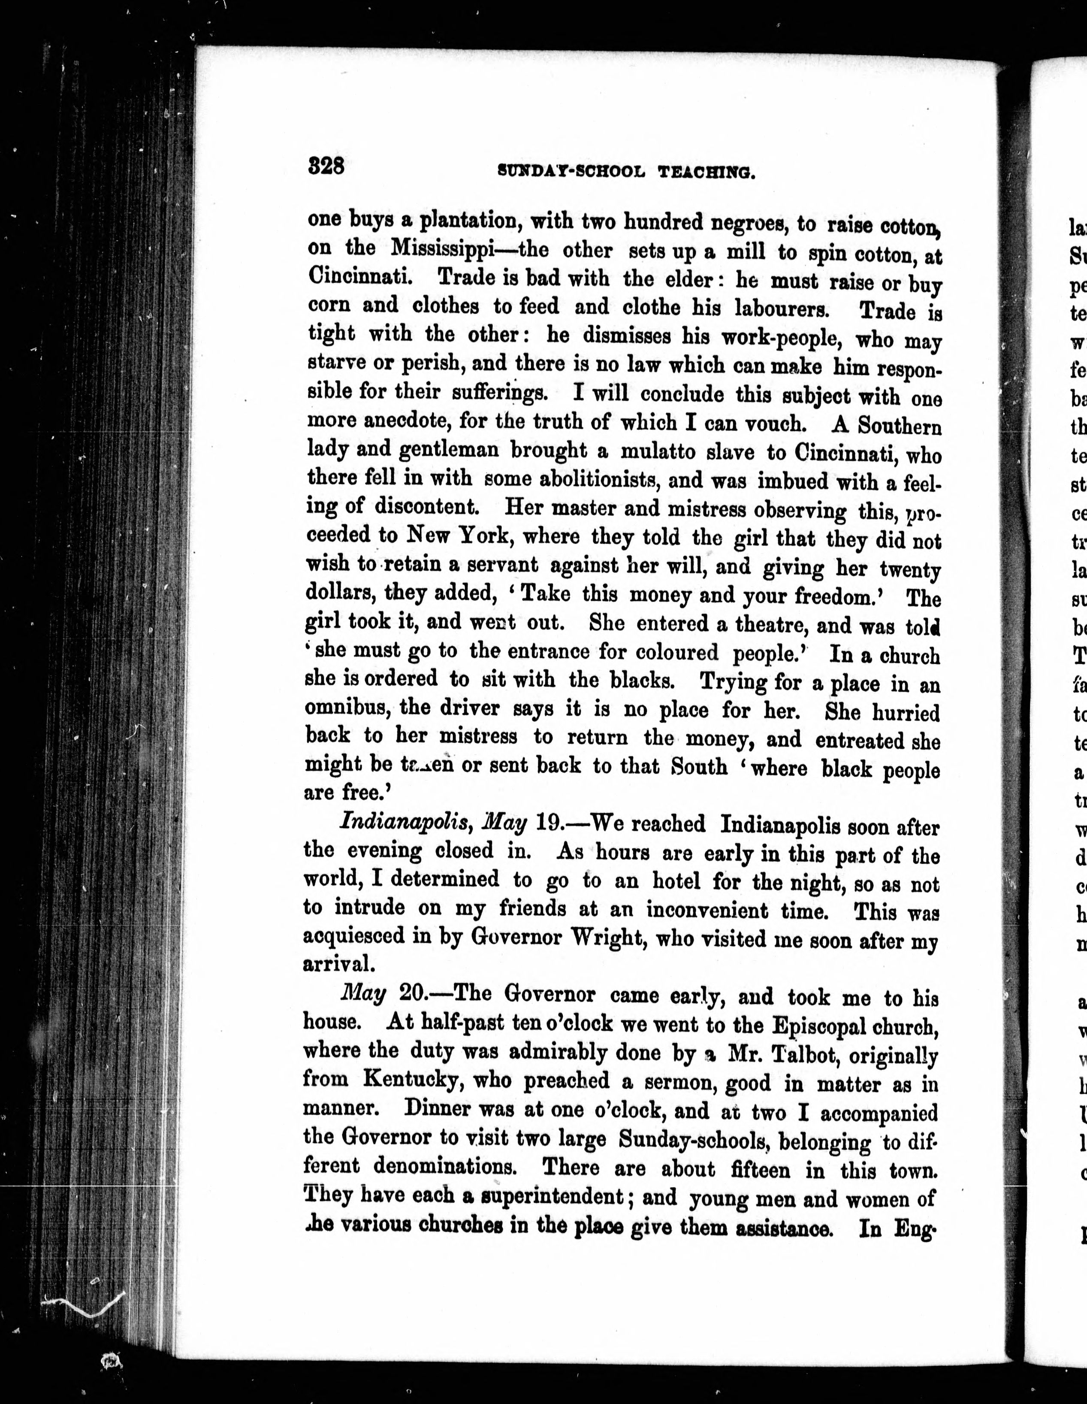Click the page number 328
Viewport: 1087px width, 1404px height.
(326, 166)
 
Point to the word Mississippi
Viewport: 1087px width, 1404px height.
(441, 249)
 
